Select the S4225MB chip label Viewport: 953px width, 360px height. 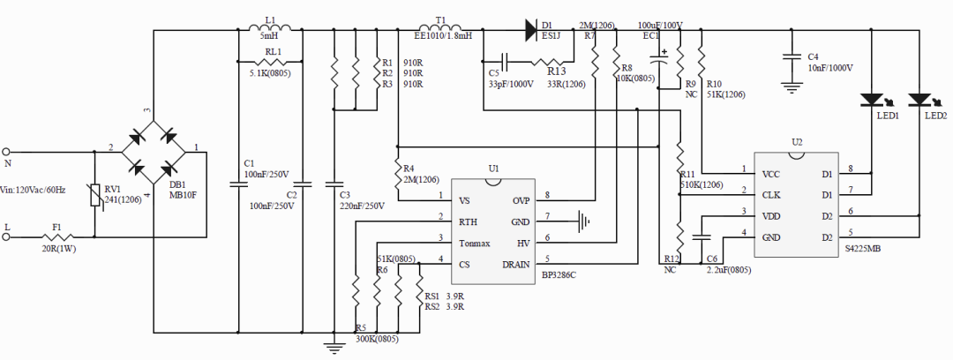click(861, 250)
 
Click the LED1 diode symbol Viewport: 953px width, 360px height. click(871, 101)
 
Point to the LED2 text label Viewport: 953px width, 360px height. click(935, 116)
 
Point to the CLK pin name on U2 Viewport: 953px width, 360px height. click(771, 195)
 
